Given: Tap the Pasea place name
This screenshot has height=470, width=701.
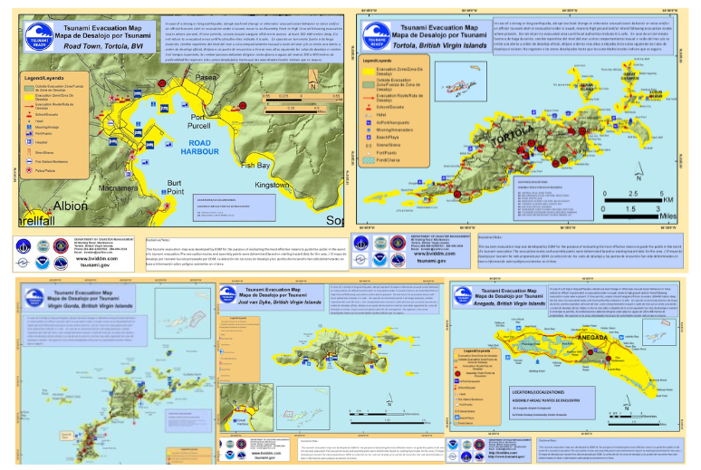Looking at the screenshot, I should (206, 79).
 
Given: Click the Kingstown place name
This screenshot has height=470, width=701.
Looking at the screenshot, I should (271, 184).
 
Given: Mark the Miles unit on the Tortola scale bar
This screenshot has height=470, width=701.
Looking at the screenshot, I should (667, 216).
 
